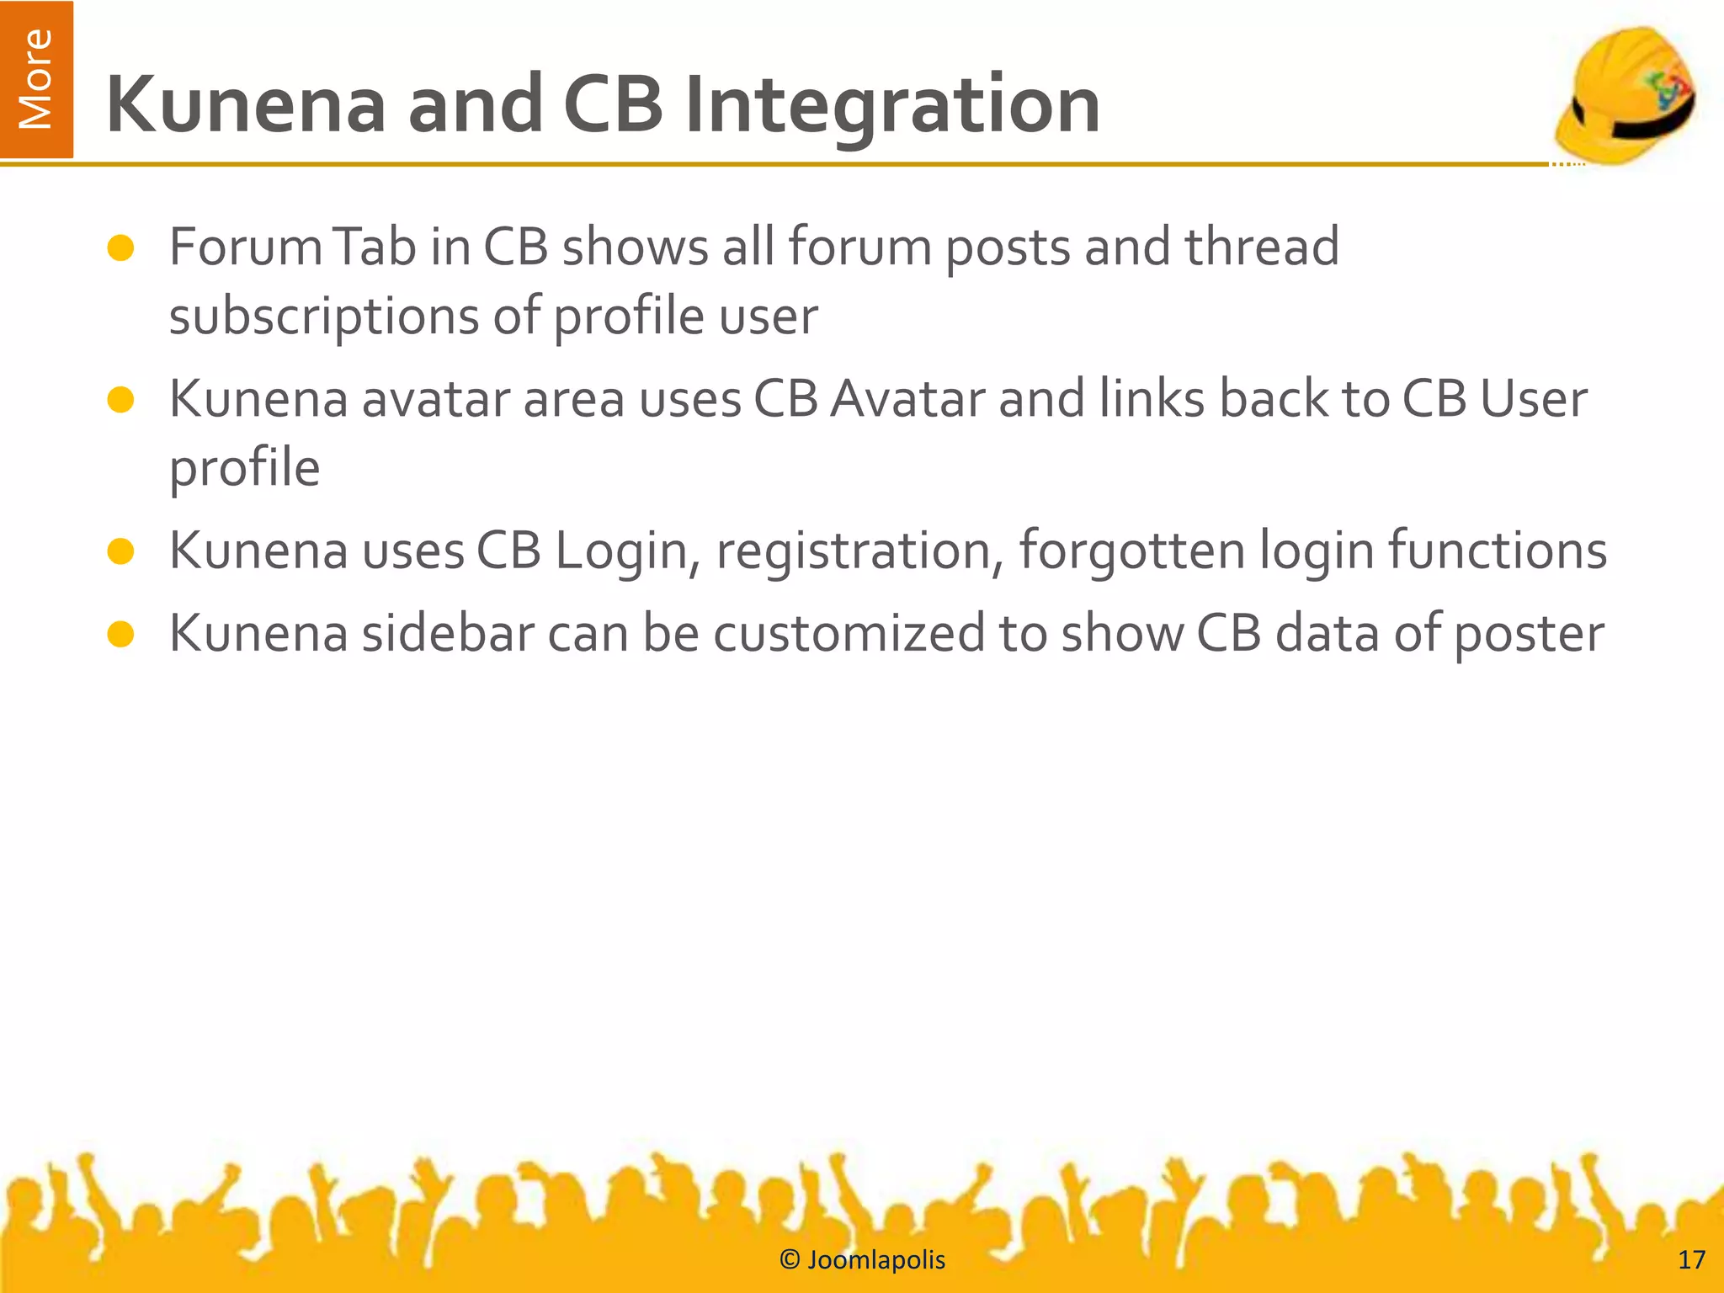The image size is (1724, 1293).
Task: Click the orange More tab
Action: (x=36, y=79)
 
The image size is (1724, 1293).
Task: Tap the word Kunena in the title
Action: (x=246, y=105)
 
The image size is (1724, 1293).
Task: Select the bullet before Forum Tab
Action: (x=121, y=248)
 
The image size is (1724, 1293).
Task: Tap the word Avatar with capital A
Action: (x=907, y=399)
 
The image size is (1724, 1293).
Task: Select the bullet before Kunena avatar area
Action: (x=121, y=400)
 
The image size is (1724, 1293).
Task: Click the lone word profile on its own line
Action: (x=244, y=470)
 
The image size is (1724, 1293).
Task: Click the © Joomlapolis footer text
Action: (x=862, y=1260)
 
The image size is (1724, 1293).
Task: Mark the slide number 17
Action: (x=1691, y=1260)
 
